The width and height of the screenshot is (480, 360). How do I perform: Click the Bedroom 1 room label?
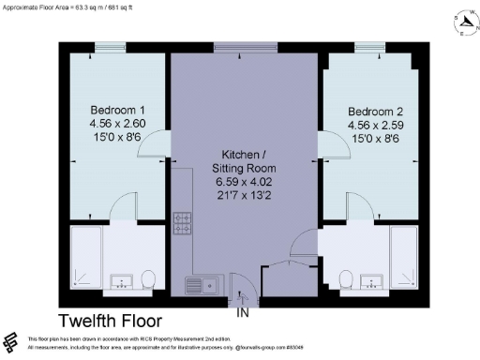112,109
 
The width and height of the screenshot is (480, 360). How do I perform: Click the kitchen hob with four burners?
182,225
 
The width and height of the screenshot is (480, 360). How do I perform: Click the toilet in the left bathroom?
148,278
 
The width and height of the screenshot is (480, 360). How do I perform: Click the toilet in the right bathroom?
346,278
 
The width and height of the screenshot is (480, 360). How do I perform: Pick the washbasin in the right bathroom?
371,281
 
